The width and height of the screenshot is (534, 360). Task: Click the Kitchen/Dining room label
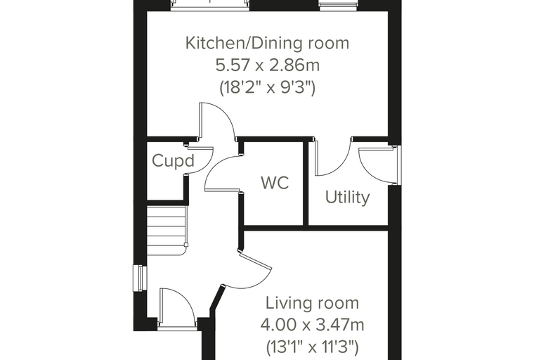(x=267, y=44)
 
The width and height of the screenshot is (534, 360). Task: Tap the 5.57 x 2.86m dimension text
(x=268, y=65)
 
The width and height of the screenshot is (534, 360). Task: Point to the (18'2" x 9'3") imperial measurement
(x=268, y=87)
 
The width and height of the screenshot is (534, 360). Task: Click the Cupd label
(x=173, y=160)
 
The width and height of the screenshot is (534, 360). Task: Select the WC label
(x=275, y=183)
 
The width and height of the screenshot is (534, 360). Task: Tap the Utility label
(x=347, y=198)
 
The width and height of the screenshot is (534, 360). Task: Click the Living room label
(x=312, y=303)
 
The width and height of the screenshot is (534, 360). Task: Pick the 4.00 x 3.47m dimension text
(x=312, y=325)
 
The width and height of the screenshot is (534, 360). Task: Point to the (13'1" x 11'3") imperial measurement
(x=312, y=347)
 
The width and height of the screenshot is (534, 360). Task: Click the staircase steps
(x=167, y=231)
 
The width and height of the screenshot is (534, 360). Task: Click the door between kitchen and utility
(x=332, y=157)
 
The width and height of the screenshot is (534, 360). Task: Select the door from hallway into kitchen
(x=217, y=121)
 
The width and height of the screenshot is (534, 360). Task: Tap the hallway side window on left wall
(x=140, y=278)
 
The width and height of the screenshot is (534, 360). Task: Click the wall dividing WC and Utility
(x=306, y=184)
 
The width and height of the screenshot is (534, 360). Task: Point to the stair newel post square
(x=186, y=245)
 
